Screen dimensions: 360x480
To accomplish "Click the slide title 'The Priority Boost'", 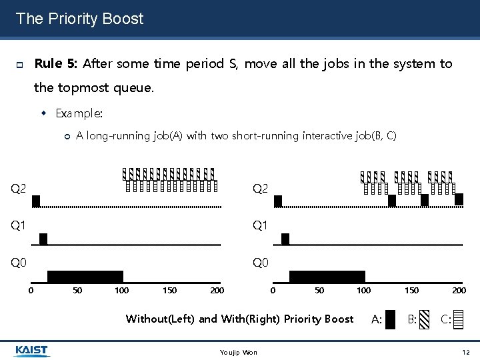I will tap(79, 19).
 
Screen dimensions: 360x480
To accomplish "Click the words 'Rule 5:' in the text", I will tap(56, 64).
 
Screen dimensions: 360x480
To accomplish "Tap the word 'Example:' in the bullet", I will tap(79, 113).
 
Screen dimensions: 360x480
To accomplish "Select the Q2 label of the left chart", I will tap(19, 189).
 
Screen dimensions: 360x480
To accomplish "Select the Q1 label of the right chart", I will tap(260, 225).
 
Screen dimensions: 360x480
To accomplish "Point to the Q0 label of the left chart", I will tap(19, 263).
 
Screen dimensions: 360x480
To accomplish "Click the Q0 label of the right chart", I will tap(260, 263).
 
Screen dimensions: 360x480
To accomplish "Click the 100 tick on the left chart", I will tap(121, 290).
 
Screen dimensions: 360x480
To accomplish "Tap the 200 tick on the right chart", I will tap(459, 290).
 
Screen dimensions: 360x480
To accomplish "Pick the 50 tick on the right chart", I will tap(319, 290).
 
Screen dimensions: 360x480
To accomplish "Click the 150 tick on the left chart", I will tap(170, 290).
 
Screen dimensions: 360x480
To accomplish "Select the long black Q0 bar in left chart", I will tap(85, 277).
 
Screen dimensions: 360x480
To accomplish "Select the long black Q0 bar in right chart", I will tap(327, 277).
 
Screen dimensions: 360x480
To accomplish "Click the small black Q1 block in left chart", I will tap(43, 239).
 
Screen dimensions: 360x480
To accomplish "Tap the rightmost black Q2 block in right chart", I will tap(459, 199).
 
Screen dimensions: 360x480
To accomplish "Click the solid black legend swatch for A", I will tap(391, 320).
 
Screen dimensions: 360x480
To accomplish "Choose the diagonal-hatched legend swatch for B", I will tap(425, 320).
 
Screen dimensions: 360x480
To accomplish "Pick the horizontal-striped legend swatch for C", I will tap(457, 320).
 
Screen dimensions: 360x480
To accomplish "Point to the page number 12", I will tap(465, 351).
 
